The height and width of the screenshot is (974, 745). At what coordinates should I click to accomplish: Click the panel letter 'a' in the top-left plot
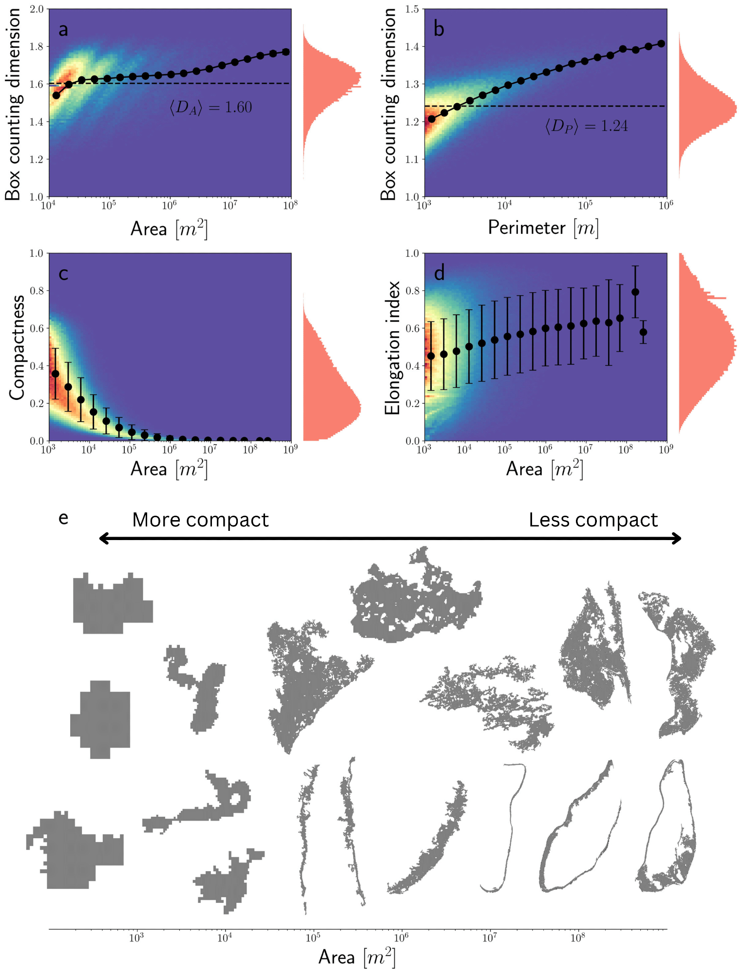[x=63, y=30]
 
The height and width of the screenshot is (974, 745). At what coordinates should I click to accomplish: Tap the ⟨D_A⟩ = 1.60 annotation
[x=210, y=107]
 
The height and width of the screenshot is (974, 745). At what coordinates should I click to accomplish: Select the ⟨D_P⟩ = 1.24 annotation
[x=586, y=126]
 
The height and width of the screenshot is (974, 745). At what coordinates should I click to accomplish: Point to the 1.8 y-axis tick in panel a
[x=37, y=47]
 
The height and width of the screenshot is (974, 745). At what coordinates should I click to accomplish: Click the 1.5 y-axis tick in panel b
[x=412, y=9]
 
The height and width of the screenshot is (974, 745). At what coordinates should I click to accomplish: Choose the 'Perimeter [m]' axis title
[x=543, y=228]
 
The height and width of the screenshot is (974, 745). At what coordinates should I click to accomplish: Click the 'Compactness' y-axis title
[x=17, y=347]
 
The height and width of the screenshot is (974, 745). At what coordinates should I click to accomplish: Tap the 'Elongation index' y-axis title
[x=392, y=347]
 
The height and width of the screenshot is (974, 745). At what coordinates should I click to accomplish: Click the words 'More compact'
[x=200, y=520]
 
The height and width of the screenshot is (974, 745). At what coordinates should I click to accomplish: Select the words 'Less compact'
[x=593, y=520]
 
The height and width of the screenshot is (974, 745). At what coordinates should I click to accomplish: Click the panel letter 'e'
[x=63, y=518]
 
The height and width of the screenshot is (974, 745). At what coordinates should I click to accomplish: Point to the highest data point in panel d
[x=635, y=292]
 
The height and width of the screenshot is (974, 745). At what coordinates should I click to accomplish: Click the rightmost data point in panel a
[x=286, y=52]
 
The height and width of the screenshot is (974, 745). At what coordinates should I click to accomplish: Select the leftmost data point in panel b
[x=432, y=119]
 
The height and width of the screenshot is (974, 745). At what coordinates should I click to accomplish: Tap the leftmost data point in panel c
[x=56, y=374]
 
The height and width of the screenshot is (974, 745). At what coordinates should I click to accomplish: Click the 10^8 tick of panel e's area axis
[x=577, y=937]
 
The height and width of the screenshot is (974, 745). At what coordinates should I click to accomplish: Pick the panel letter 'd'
[x=439, y=274]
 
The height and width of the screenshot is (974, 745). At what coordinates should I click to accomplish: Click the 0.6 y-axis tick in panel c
[x=37, y=328]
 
